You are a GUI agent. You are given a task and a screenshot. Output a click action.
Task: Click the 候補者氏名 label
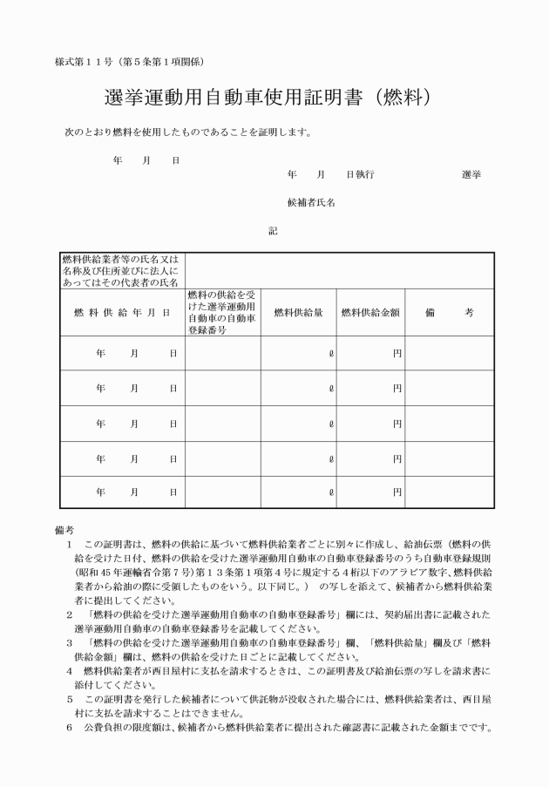click(x=311, y=202)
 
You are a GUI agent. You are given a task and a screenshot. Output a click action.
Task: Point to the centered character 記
click(x=273, y=231)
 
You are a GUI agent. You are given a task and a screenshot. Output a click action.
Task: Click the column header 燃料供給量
click(x=298, y=313)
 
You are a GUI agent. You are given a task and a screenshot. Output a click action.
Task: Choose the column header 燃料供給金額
click(x=370, y=313)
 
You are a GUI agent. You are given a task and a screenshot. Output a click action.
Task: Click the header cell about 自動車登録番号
click(x=221, y=313)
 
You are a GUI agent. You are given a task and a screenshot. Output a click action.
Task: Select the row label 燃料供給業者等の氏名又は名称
click(x=121, y=270)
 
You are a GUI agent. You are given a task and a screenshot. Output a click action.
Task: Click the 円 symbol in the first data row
click(x=396, y=353)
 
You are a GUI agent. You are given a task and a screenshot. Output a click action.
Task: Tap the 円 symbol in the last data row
click(x=396, y=492)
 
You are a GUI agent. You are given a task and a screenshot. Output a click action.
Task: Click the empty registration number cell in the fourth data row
click(x=222, y=458)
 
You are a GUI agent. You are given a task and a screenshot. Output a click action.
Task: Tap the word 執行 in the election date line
click(x=365, y=174)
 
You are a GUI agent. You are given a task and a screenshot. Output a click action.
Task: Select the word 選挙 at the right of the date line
click(x=471, y=174)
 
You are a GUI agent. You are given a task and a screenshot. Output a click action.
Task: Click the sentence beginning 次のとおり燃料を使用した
click(x=188, y=133)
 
